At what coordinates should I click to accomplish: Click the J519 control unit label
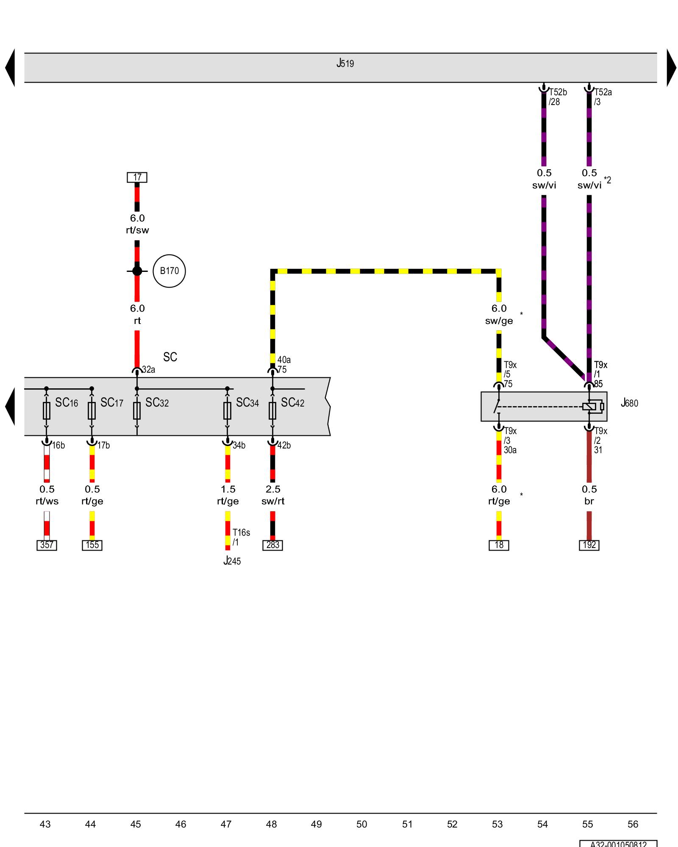(345, 64)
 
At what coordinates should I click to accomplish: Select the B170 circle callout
(169, 271)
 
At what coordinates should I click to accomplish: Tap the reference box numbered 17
(137, 177)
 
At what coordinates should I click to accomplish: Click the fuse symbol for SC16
(47, 410)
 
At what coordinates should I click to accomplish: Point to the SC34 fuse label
(247, 403)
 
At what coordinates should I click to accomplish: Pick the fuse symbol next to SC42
(272, 410)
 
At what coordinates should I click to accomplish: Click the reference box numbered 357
(47, 545)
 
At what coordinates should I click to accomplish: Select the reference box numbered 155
(92, 545)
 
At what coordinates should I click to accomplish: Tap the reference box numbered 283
(272, 545)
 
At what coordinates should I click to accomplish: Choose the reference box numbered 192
(589, 545)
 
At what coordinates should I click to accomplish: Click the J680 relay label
(629, 403)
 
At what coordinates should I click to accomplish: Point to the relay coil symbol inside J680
(589, 407)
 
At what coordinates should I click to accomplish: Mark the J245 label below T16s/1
(232, 561)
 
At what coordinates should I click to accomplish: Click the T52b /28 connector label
(557, 97)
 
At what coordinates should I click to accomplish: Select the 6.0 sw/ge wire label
(499, 315)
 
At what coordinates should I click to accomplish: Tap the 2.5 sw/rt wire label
(273, 495)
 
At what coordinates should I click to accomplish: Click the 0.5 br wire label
(589, 495)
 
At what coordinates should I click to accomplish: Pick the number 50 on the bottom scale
(361, 824)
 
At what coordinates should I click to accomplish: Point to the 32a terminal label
(148, 370)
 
